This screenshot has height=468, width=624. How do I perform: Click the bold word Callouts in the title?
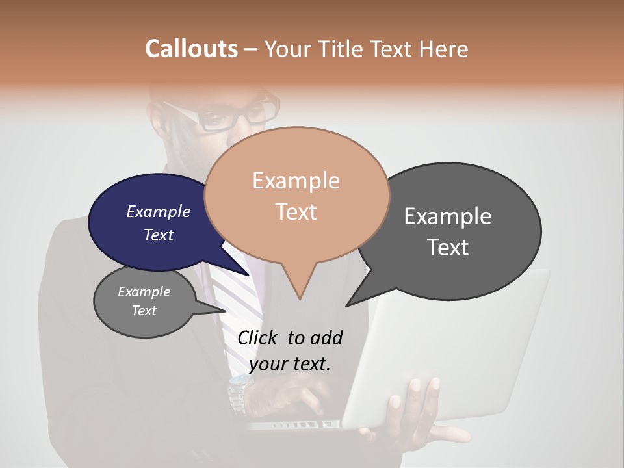[x=191, y=49]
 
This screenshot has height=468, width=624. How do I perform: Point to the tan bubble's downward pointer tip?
[x=300, y=299]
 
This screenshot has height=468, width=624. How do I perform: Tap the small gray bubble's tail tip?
[x=225, y=311]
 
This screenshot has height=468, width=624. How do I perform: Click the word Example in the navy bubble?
[x=158, y=211]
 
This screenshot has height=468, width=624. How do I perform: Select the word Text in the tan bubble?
[x=296, y=212]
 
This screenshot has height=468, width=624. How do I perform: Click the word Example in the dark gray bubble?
[x=448, y=216]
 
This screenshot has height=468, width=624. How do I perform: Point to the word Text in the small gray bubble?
[x=144, y=311]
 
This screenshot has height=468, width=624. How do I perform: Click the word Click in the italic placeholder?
[x=258, y=337]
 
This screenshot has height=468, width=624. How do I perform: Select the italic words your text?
[x=290, y=364]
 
